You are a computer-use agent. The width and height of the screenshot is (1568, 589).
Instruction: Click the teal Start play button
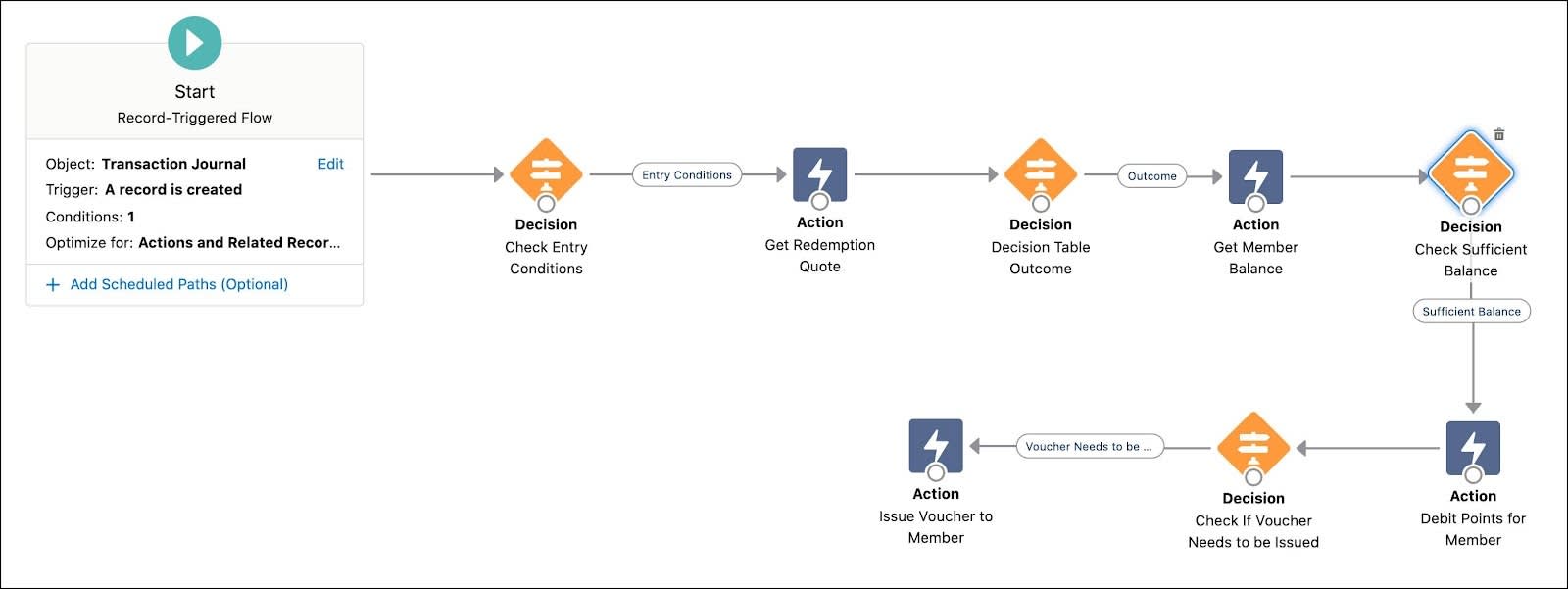(x=194, y=43)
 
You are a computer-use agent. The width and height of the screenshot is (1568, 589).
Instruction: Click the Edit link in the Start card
(x=330, y=164)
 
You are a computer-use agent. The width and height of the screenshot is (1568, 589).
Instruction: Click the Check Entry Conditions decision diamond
(x=546, y=173)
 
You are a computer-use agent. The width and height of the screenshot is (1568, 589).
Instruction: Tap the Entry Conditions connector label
(x=686, y=175)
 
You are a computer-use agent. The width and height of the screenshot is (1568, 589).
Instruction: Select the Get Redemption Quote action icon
(x=819, y=173)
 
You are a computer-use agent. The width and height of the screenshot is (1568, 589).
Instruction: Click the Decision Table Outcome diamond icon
(x=1041, y=173)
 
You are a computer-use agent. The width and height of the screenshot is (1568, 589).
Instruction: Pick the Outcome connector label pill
(x=1151, y=176)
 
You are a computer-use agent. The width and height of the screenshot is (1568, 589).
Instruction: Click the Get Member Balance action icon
(x=1255, y=176)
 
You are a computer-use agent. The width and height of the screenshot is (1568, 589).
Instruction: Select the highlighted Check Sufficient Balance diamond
(x=1470, y=173)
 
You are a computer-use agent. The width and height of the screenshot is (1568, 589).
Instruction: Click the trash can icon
(x=1498, y=135)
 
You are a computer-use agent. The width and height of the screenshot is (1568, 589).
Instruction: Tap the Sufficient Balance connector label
(x=1471, y=312)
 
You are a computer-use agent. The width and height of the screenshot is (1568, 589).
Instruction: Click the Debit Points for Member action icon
(x=1473, y=448)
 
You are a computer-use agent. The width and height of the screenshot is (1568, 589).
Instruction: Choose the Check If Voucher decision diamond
(x=1253, y=447)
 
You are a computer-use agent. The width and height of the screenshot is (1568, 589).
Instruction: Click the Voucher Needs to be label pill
(x=1089, y=447)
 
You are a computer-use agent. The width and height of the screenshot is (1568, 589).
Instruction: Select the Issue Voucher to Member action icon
(x=936, y=446)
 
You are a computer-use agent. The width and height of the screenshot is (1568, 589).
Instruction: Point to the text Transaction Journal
(x=173, y=164)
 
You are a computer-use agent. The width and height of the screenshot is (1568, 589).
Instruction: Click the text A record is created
(x=173, y=190)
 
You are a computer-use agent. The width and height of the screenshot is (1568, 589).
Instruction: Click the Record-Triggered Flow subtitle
(x=194, y=118)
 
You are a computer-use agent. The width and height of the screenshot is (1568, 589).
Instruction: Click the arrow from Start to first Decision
(x=436, y=174)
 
